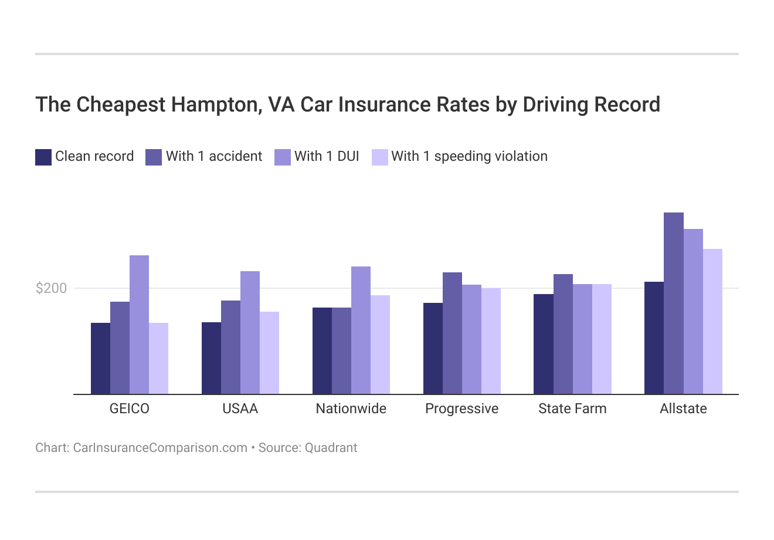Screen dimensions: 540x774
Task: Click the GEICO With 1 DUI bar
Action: (139, 325)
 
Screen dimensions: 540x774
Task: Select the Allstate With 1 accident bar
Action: (673, 303)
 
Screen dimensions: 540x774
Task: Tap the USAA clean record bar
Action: (211, 358)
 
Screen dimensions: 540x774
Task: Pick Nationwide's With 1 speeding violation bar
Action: (380, 345)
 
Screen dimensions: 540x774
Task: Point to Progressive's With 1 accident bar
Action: (452, 333)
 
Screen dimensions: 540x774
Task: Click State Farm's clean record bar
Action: (544, 344)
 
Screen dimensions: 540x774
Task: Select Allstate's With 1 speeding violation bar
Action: (712, 321)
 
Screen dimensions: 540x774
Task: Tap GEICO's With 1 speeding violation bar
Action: (158, 358)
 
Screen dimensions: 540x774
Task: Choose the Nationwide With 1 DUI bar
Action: (361, 330)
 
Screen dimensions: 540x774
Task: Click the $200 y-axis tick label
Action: (52, 288)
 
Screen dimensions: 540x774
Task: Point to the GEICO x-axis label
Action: (130, 409)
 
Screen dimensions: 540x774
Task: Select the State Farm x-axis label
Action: (572, 409)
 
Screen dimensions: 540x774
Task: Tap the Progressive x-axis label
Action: (461, 409)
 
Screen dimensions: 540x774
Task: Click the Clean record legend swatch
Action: (43, 157)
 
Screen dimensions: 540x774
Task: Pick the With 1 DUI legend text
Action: (327, 156)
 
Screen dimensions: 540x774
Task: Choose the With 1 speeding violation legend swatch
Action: (380, 157)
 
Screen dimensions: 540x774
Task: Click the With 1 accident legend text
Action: (214, 156)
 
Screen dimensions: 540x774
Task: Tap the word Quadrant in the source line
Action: (331, 448)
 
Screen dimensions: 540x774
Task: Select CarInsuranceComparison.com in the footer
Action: (160, 448)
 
